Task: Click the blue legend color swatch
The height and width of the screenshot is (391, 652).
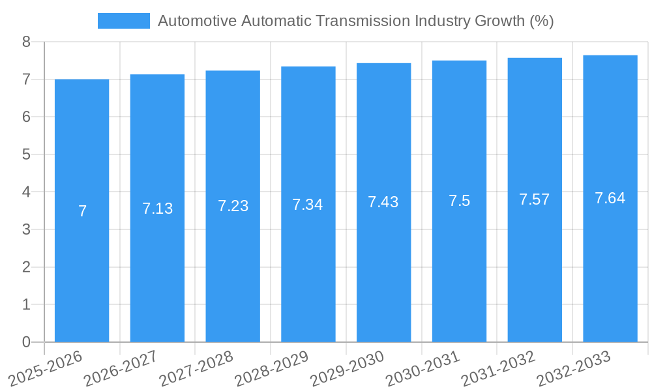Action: click(x=123, y=21)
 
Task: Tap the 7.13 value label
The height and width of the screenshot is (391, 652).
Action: click(x=157, y=209)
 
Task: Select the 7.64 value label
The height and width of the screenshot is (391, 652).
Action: click(x=610, y=198)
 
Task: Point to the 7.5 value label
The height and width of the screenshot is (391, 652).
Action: click(x=459, y=201)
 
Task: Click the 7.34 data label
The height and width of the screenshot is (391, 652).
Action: click(x=308, y=205)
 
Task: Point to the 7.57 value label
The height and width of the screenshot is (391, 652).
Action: click(x=535, y=199)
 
